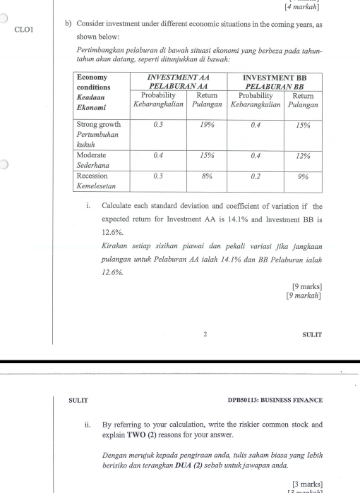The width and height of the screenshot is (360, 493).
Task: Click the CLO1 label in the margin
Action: pos(24,30)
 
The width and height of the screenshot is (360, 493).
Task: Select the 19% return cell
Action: pos(207,124)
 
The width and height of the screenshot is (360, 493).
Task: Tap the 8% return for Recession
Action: pos(207,176)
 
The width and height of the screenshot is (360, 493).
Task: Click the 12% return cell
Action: pos(303,154)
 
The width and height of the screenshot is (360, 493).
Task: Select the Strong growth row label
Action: pos(98,124)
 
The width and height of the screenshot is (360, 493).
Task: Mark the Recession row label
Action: pos(92,176)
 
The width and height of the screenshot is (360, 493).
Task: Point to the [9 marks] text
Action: pos(306,286)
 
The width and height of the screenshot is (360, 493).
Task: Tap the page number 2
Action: pos(204,334)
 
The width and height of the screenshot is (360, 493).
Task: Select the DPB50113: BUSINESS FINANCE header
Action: pos(275,400)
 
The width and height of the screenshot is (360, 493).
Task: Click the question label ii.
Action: pos(87,425)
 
